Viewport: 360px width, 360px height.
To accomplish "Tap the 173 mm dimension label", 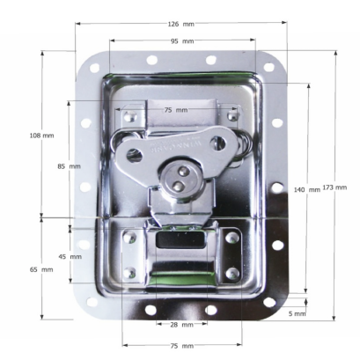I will (334, 187).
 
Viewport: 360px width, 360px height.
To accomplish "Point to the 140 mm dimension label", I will (307, 190).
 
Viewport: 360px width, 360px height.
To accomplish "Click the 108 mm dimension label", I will (41, 136).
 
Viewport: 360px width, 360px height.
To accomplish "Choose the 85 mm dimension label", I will (69, 165).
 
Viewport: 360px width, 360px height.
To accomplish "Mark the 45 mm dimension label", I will (70, 256).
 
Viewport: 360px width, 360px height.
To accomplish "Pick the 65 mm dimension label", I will (40, 268).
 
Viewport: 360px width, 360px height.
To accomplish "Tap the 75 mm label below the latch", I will (181, 346).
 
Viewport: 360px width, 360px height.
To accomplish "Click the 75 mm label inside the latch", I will (175, 109).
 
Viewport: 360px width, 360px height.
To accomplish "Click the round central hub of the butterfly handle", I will (180, 179).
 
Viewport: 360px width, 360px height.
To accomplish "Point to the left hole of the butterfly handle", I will (134, 155).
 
